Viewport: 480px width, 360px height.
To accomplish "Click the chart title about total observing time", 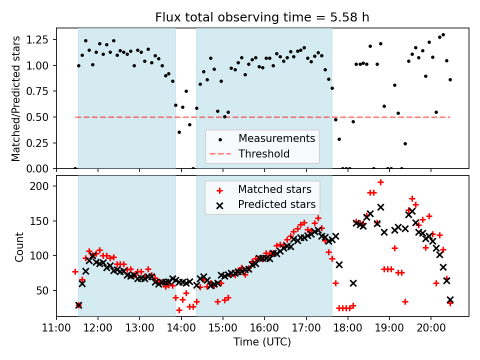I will (262, 17).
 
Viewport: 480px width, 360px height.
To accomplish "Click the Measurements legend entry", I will (276, 138).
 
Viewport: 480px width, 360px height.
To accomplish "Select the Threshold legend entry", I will (264, 153).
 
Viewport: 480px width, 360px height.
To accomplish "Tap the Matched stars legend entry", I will (274, 189).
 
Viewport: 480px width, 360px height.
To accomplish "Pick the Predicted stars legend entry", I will (276, 204).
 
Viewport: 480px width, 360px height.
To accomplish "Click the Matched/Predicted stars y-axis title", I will (16, 98).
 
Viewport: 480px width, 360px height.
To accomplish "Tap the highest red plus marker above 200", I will (380, 182).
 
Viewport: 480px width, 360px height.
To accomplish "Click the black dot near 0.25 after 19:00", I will (405, 143).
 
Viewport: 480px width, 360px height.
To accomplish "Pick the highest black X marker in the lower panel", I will (380, 207).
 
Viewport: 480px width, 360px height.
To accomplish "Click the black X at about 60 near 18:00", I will (353, 283).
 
